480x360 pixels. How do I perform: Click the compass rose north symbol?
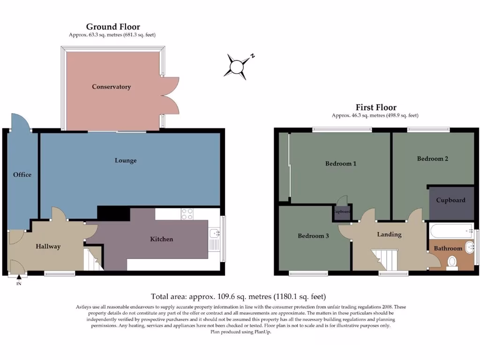(x=238, y=65)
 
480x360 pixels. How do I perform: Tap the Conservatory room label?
(x=111, y=87)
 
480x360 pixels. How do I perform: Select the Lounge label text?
(x=126, y=160)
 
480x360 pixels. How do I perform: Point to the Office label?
(x=22, y=174)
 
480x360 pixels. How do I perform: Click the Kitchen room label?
(x=161, y=239)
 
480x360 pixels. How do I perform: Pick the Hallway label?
(x=48, y=246)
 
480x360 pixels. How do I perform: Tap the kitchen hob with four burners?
(x=187, y=214)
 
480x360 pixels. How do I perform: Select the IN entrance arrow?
(x=19, y=279)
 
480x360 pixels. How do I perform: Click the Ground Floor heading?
(x=112, y=27)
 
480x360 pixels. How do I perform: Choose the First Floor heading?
(x=375, y=107)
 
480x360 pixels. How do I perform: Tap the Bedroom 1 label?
(x=341, y=164)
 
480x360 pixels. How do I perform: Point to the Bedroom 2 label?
(x=433, y=158)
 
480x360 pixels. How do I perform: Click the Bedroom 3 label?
(x=313, y=236)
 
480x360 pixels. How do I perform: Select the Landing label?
(x=389, y=234)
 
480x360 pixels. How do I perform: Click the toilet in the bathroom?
(x=452, y=262)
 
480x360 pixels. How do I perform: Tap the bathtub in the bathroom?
(x=451, y=230)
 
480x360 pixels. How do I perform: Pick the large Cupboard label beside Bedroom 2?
(x=450, y=200)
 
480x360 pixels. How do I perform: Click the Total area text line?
(x=238, y=296)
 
